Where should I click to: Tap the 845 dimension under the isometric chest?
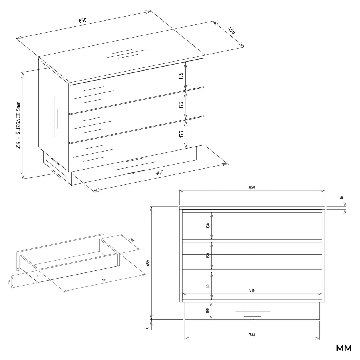tap(159, 173)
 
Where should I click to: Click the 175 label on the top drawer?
tap(181, 76)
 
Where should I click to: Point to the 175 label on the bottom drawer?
tap(181, 134)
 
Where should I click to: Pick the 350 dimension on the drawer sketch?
tap(131, 240)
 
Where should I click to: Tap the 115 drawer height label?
tap(9, 281)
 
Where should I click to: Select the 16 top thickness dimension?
tap(341, 197)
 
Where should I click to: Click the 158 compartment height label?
tap(208, 225)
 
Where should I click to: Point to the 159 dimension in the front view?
tap(208, 255)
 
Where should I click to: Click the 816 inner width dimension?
tap(252, 291)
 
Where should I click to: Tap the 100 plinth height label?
tap(208, 311)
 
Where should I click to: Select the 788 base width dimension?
tap(252, 335)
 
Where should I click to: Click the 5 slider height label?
tap(148, 328)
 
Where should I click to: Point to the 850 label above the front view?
tap(252, 187)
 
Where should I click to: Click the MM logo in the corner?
tap(344, 348)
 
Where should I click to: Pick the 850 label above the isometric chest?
tap(83, 20)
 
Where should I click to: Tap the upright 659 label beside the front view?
tap(148, 263)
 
